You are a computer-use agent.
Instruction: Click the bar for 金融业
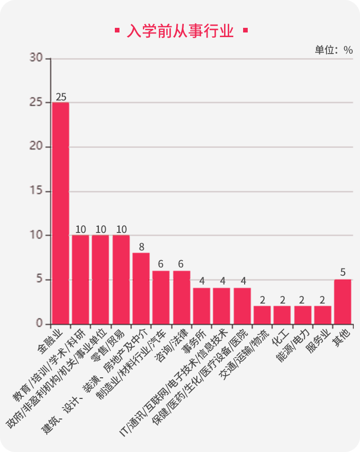60,213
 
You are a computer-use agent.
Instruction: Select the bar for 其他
342,302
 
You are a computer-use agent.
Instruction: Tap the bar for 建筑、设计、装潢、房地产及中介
141,289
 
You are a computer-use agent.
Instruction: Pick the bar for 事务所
201,306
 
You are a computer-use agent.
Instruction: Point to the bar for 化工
282,315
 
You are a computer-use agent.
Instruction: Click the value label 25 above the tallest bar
61,97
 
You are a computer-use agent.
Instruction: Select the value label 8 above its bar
141,247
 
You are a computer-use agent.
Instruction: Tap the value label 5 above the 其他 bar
343,273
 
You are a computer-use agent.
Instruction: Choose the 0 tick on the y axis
40,324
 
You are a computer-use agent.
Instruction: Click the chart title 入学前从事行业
180,31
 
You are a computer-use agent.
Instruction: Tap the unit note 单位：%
334,50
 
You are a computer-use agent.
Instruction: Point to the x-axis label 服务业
318,340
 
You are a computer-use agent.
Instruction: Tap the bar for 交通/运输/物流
262,315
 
